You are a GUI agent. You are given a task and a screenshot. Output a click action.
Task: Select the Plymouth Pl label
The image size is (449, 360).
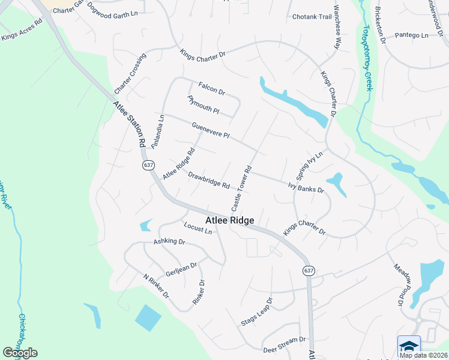click(203, 105)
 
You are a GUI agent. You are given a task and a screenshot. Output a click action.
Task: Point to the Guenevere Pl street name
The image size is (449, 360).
click(211, 130)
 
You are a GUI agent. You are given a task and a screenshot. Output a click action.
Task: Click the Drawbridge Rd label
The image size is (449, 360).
click(209, 180)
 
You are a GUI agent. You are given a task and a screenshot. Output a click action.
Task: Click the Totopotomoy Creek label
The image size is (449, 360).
click(367, 57)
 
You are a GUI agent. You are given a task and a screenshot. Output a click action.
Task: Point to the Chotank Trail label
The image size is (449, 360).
click(312, 17)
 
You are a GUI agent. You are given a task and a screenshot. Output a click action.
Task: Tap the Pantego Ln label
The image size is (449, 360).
click(412, 36)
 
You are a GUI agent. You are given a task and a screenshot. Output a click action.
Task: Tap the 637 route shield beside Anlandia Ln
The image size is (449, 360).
click(148, 165)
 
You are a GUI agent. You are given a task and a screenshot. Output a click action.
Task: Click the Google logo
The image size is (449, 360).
click(20, 353)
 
